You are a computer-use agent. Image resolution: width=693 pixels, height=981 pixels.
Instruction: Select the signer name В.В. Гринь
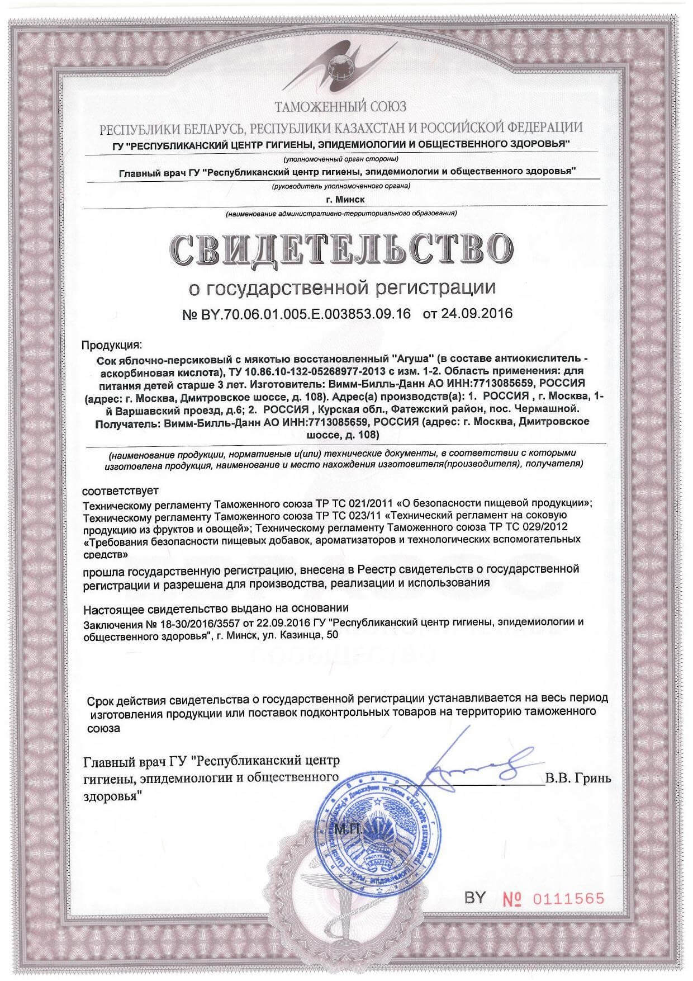click(x=578, y=779)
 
